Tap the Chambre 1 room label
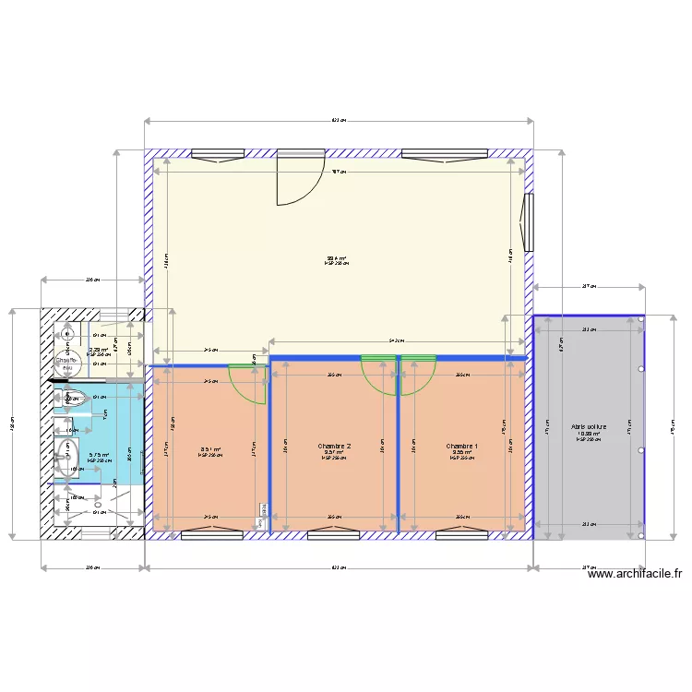point(461,447)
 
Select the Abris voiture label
point(588,428)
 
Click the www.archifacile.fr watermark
point(636,574)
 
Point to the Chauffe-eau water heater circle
point(66,361)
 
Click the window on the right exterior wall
point(529,222)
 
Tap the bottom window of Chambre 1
point(461,532)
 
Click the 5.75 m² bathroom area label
point(99,454)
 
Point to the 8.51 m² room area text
point(210,450)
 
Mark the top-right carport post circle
point(641,319)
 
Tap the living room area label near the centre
point(336,259)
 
